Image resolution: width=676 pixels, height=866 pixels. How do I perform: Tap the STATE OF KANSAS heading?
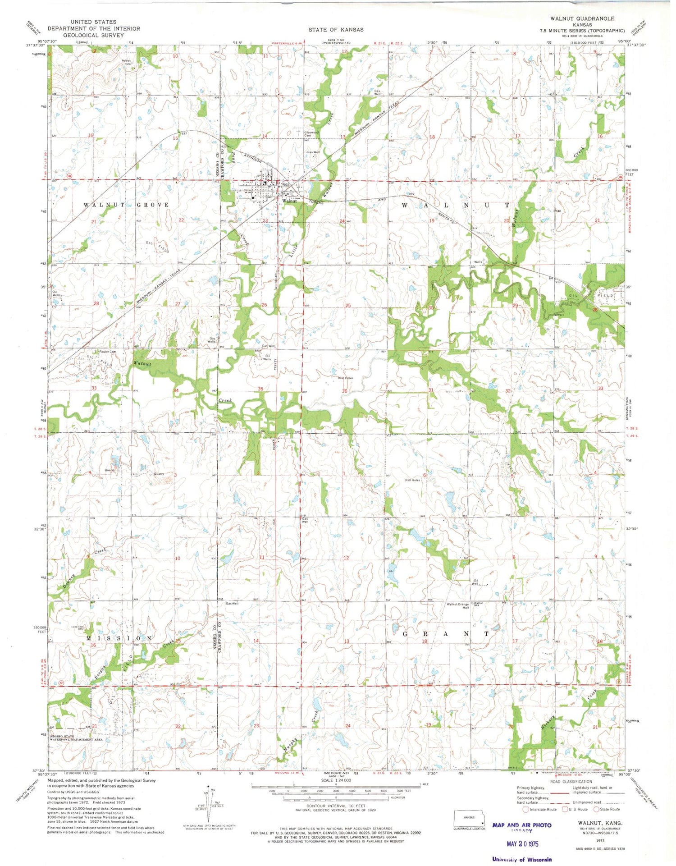tap(336, 30)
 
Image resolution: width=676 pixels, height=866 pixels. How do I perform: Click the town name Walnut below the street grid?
tap(289, 201)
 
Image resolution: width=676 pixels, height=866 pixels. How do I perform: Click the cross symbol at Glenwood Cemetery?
tap(297, 131)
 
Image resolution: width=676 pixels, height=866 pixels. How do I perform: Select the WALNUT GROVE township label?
tap(126, 205)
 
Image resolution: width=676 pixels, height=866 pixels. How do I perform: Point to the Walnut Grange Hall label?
tap(458, 606)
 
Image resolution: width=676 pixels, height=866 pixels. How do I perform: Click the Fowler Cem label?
tap(104, 352)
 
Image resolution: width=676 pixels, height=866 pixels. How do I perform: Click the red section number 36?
tap(344, 391)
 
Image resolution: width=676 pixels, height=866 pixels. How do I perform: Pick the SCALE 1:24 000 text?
tap(336, 780)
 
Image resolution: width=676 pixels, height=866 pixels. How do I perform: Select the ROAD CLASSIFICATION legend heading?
tap(571, 782)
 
